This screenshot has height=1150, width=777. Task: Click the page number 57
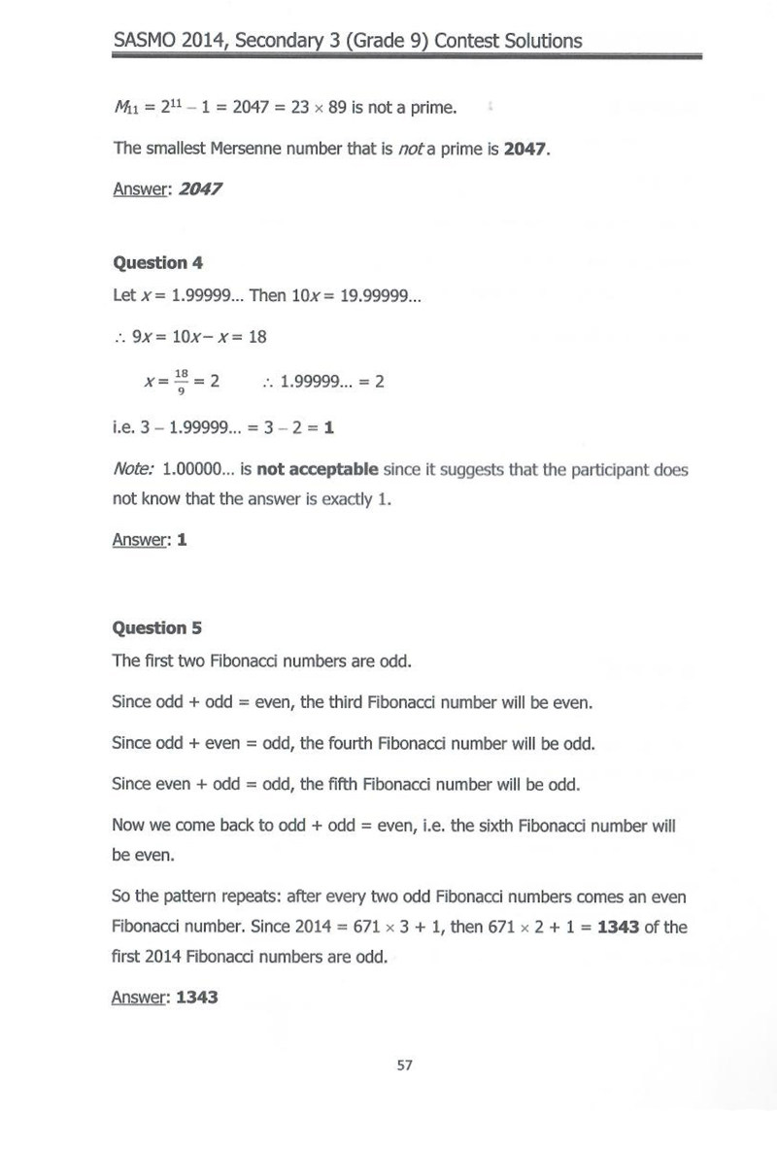pyautogui.click(x=405, y=1065)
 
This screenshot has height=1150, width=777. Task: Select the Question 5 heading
pyautogui.click(x=157, y=627)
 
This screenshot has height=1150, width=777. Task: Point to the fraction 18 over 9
pyautogui.click(x=179, y=382)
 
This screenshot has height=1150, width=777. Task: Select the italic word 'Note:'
pyautogui.click(x=133, y=470)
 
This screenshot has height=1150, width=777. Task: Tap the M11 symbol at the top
pyautogui.click(x=126, y=107)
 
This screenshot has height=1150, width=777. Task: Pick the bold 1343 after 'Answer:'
pyautogui.click(x=197, y=998)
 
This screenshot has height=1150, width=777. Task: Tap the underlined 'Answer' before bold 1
pyautogui.click(x=138, y=540)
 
